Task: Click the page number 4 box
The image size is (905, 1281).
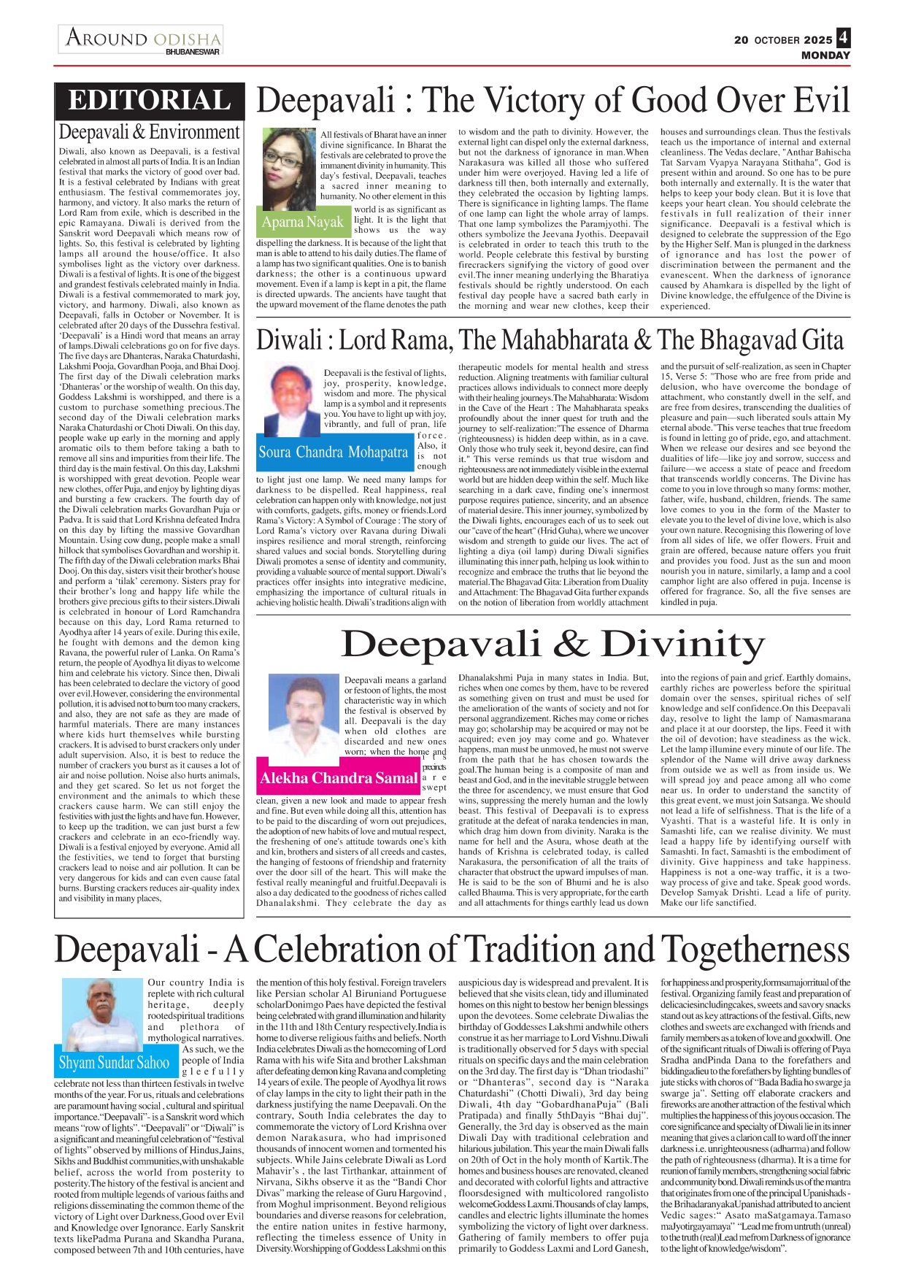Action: tap(844, 38)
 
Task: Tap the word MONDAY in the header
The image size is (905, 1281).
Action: tap(825, 55)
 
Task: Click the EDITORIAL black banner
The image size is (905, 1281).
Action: tap(150, 101)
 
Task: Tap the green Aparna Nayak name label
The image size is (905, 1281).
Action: tap(303, 222)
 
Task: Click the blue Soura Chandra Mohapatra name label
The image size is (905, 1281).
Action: tap(333, 453)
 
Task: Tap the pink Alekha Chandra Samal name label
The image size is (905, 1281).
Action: tap(339, 778)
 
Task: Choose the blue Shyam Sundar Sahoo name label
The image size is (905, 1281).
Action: tap(115, 1063)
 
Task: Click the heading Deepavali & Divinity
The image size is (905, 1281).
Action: tap(552, 644)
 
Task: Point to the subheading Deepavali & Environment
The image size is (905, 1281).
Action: tap(149, 132)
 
